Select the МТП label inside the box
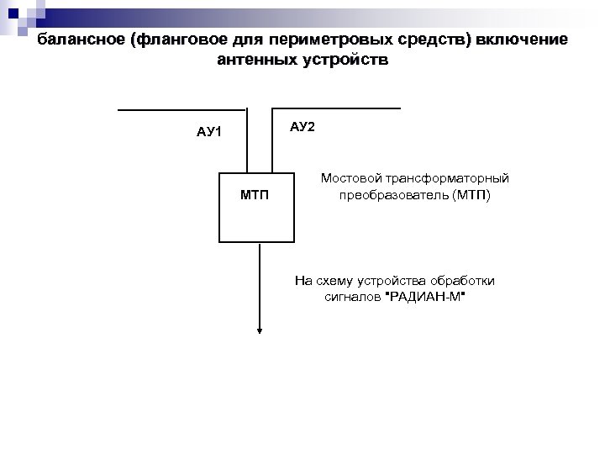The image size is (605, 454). click(x=255, y=195)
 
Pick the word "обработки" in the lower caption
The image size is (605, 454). click(x=464, y=281)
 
